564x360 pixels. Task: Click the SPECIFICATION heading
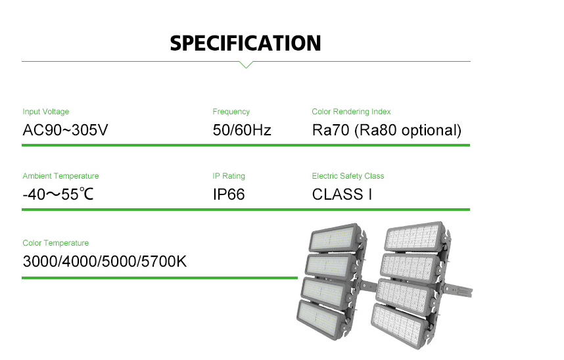point(245,43)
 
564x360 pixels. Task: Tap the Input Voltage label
point(45,112)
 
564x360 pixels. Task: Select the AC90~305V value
point(65,130)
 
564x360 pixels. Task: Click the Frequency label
point(231,112)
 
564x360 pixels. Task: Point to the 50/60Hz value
point(242,130)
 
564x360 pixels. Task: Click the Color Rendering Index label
point(351,112)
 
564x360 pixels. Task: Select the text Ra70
point(331,130)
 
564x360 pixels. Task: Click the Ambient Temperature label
point(60,176)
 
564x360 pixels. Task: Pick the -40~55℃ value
point(58,194)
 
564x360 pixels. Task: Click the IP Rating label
point(228,176)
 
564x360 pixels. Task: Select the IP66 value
point(228,194)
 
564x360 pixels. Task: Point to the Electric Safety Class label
point(348,176)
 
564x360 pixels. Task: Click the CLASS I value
point(342,194)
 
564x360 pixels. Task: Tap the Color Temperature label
point(55,243)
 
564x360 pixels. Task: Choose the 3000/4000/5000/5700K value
point(105,261)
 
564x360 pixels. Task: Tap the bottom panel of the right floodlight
point(399,325)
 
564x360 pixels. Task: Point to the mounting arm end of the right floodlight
point(467,292)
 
